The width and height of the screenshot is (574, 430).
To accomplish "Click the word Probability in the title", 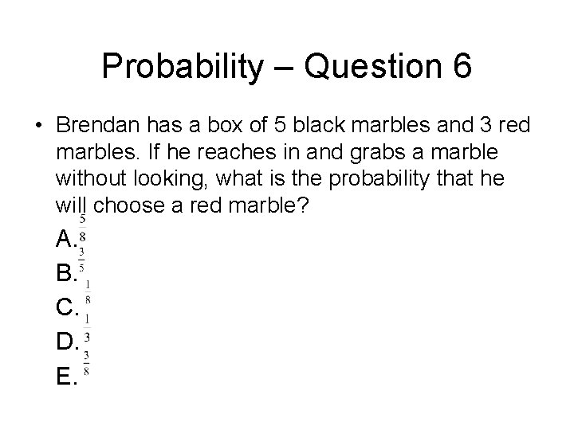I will click(x=181, y=66).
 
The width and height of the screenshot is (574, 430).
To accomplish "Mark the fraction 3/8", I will click(x=85, y=363).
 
